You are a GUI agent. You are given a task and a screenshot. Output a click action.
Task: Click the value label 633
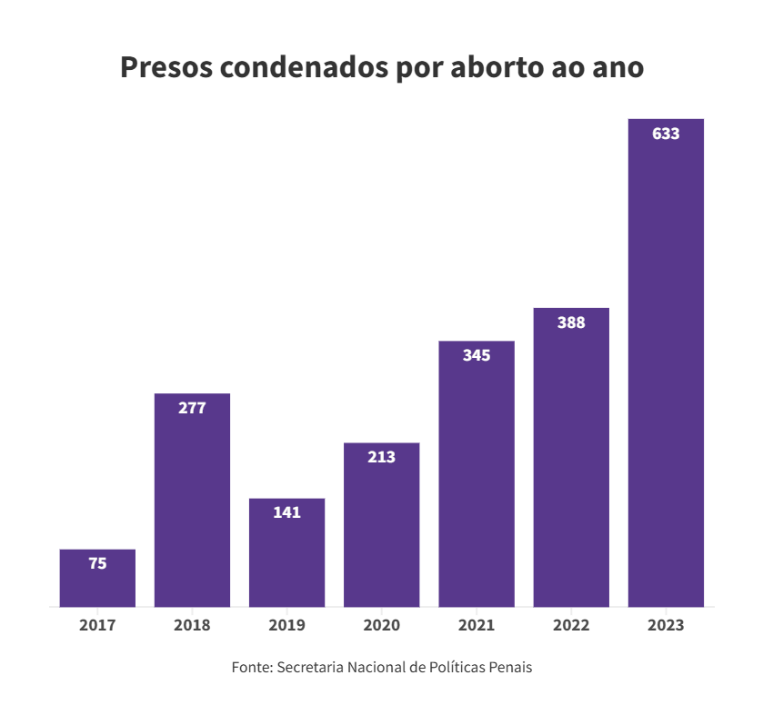point(666,134)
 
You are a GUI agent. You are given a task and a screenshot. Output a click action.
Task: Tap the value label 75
point(97,563)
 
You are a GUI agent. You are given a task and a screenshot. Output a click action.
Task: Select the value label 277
point(192,408)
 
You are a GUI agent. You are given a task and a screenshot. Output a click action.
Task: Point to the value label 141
point(286,512)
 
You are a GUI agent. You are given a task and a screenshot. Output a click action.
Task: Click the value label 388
point(571,323)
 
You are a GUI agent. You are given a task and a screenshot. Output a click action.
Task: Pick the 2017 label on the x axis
point(97,625)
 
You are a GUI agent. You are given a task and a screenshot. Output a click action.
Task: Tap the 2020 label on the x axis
point(381,625)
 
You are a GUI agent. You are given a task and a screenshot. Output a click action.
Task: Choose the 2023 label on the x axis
point(666,625)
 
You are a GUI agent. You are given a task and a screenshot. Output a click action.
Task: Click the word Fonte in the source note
point(251,668)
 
